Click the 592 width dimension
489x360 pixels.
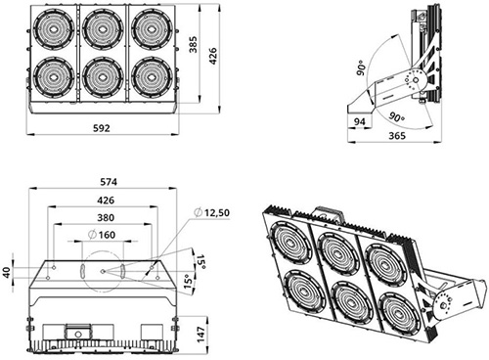(102, 128)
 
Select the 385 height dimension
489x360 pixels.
(194, 45)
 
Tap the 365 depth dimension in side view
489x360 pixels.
(397, 136)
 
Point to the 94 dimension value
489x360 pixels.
(360, 121)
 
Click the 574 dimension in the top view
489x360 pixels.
(109, 182)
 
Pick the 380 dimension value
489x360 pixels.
(106, 217)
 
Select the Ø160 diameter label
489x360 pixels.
(102, 235)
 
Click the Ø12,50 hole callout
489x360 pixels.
(211, 212)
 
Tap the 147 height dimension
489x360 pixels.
(201, 335)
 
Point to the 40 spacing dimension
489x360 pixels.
(7, 272)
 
